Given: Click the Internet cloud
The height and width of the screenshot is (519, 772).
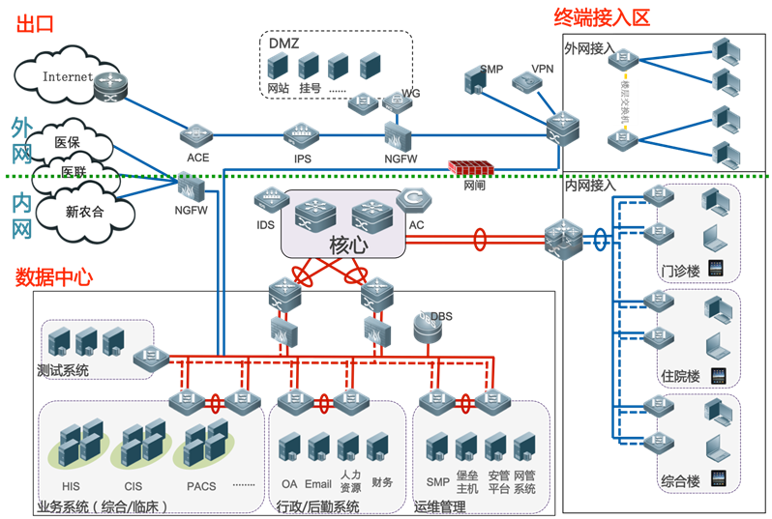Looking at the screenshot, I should [x=63, y=76].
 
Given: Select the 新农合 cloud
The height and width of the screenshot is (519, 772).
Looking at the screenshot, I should [x=84, y=212].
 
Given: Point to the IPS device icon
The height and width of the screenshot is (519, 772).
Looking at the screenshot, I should [x=302, y=135].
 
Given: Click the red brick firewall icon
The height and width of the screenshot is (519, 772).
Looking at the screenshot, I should [x=473, y=167].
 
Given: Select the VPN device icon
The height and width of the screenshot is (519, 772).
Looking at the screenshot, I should [x=528, y=84].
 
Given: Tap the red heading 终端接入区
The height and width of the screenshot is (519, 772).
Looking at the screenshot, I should [x=601, y=16].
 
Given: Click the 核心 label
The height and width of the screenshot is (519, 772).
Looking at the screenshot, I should [x=348, y=245].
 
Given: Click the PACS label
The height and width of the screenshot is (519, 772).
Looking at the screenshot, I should [x=202, y=485].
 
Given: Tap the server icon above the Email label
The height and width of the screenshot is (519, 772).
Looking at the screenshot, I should [x=318, y=447].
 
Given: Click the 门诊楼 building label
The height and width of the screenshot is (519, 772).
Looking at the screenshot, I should [x=680, y=272].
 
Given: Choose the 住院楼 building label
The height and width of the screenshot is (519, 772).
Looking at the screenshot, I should [x=680, y=376].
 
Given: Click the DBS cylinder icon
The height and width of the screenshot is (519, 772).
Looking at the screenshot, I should [x=426, y=327].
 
